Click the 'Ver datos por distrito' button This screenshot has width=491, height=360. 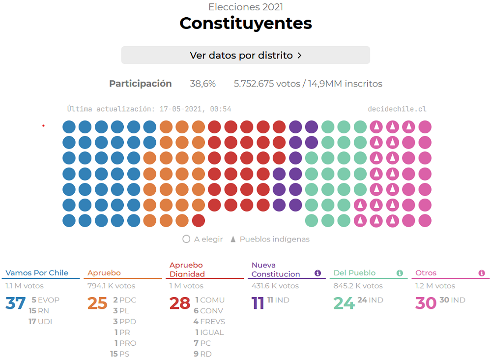(245, 55)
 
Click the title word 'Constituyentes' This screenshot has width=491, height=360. (245, 23)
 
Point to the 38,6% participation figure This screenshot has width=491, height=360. (202, 84)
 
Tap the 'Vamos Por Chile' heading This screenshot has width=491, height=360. (37, 273)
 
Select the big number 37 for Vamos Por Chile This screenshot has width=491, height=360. (15, 303)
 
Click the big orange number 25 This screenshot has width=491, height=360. (97, 303)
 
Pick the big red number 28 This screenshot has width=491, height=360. (179, 303)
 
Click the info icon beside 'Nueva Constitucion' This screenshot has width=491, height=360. (318, 273)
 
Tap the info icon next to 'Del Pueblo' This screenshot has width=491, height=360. (400, 273)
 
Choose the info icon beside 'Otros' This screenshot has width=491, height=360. (482, 273)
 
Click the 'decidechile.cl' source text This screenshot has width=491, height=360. (397, 109)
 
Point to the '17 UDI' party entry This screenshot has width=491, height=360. (40, 322)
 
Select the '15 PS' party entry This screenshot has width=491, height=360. (119, 354)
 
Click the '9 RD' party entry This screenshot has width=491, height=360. (202, 354)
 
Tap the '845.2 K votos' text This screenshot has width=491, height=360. (358, 286)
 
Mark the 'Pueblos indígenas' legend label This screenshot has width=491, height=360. (274, 240)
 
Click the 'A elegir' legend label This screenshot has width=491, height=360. (208, 240)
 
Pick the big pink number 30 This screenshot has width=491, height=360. (426, 303)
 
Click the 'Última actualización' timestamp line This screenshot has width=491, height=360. (149, 109)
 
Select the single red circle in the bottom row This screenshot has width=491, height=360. (199, 221)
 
